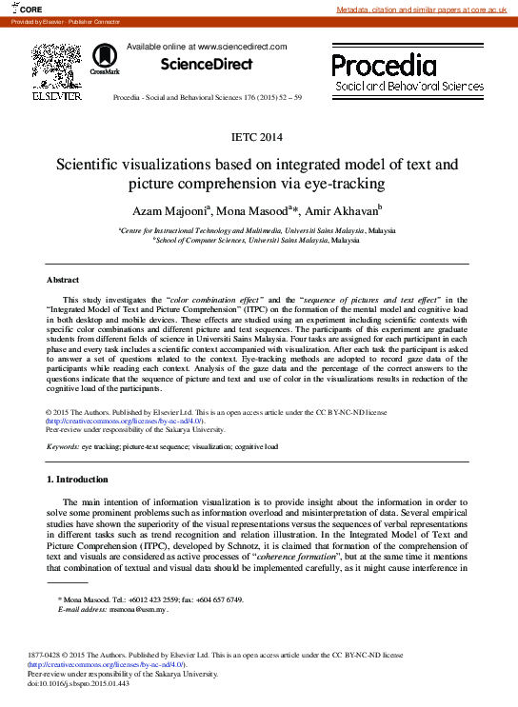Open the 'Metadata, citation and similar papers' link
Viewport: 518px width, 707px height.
[427, 9]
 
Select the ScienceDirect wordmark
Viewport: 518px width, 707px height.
[207, 65]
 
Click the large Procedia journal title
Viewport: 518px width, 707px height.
[384, 65]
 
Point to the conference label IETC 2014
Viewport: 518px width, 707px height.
[258, 138]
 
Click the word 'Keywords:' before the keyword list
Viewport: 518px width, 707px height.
[63, 445]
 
